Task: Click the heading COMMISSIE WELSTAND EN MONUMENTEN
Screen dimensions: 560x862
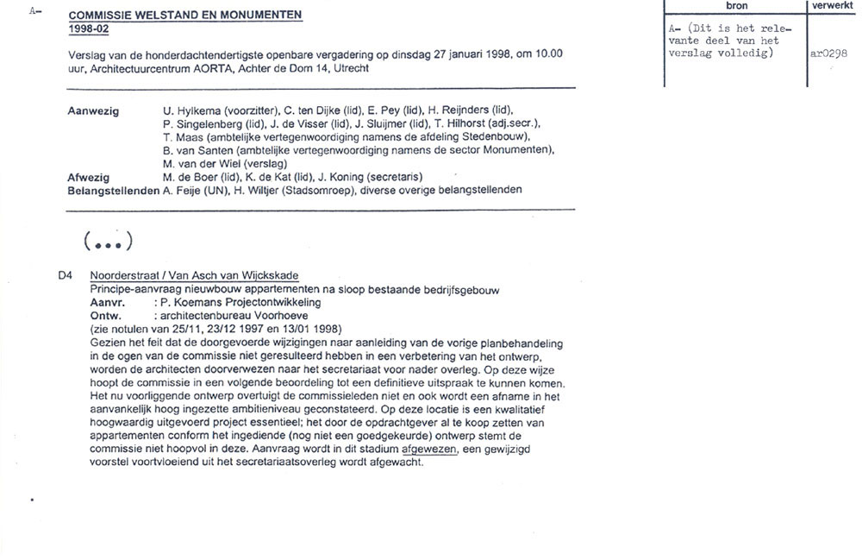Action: (x=184, y=16)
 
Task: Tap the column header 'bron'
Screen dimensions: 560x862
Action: (x=736, y=6)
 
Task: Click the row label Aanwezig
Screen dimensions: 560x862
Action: (x=93, y=111)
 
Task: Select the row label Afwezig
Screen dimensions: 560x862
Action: (x=88, y=177)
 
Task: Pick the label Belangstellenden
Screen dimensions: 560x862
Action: (x=113, y=190)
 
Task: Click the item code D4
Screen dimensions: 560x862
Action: (x=65, y=276)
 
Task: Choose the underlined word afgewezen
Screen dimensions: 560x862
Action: (x=430, y=449)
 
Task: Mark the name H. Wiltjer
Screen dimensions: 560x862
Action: (x=253, y=190)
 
